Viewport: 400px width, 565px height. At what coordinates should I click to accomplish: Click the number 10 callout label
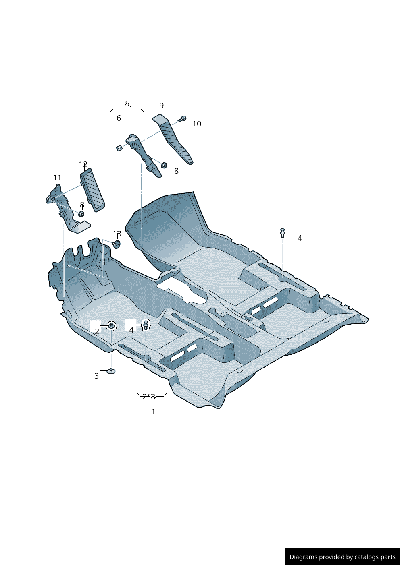tap(196, 124)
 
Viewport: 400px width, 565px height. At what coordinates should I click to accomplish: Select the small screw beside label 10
tap(182, 118)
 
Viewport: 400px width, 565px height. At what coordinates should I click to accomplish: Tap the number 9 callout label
tap(161, 106)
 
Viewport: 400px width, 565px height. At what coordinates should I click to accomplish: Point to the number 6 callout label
tap(119, 118)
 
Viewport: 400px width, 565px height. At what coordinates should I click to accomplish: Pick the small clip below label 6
tap(119, 148)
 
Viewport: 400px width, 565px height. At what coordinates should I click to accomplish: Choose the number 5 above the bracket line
tap(127, 104)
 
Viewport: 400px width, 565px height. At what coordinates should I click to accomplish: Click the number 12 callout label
tap(83, 164)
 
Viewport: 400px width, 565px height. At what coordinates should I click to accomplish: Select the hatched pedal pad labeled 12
tap(93, 189)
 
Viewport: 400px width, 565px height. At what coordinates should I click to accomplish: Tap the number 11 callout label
tap(57, 178)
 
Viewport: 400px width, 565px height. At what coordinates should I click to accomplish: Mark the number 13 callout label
tap(117, 234)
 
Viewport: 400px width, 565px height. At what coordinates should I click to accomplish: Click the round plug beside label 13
tap(117, 244)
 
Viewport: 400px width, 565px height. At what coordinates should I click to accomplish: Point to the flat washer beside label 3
tap(111, 371)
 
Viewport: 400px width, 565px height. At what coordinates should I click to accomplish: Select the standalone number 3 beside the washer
tap(96, 376)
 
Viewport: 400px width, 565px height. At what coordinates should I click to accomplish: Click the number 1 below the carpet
tap(153, 412)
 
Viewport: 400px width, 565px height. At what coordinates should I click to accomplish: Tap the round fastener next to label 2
tap(111, 325)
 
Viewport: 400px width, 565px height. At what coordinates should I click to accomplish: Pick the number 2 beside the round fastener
tap(97, 332)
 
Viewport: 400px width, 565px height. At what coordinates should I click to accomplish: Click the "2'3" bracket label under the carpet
tap(149, 397)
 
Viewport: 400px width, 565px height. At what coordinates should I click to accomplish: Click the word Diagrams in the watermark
tap(303, 557)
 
